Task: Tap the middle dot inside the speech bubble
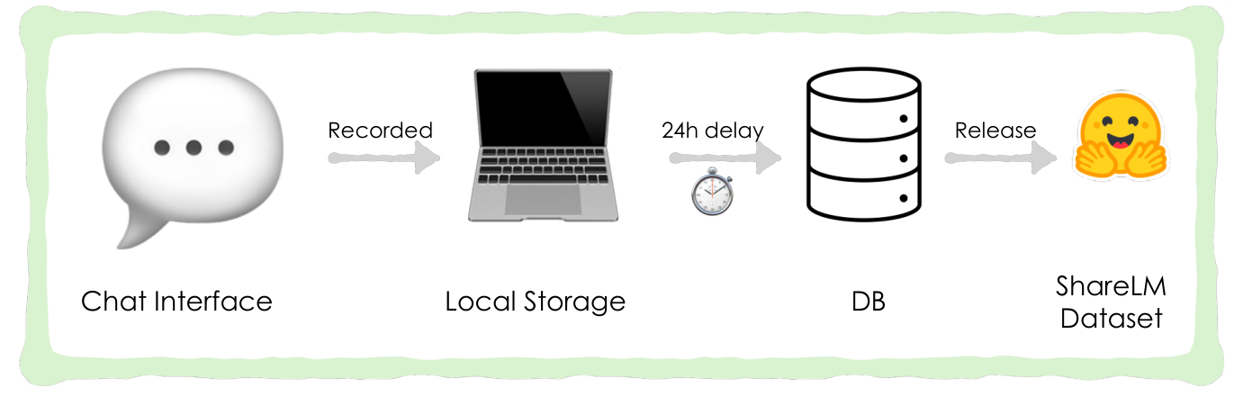194,148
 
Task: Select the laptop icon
543,146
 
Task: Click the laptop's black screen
543,109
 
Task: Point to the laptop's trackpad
543,199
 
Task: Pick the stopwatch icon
712,191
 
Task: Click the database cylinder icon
864,144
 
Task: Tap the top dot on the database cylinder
904,119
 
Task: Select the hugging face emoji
1121,136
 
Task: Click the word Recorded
380,131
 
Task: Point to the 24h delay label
712,131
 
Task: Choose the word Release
995,131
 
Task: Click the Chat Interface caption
176,302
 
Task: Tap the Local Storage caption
536,302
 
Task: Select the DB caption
869,302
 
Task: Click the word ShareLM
1111,286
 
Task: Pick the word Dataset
1112,319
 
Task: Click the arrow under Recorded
384,158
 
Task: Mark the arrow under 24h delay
725,158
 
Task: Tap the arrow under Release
1000,158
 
